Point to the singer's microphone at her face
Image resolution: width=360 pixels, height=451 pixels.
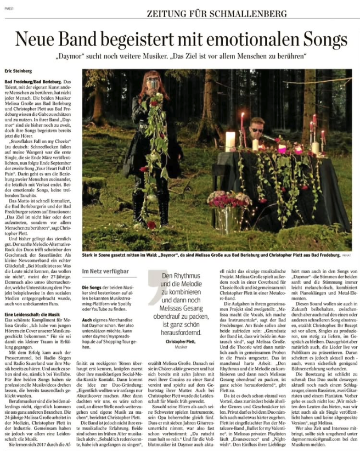coord(155,84)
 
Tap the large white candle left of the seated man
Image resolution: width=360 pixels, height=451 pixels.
coord(230,141)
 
